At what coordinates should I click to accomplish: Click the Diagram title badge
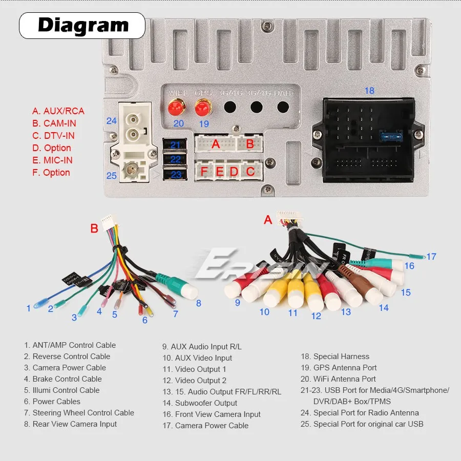[x=82, y=25]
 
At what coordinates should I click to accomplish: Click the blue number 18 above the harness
[x=369, y=91]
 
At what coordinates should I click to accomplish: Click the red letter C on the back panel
[x=250, y=172]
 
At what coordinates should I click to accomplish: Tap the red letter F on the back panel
[x=204, y=172]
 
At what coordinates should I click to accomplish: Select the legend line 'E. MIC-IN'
[x=52, y=160]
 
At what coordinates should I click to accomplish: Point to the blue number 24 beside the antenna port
[x=112, y=121]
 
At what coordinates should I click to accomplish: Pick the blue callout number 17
[x=431, y=256]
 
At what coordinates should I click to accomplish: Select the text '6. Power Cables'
[x=52, y=402]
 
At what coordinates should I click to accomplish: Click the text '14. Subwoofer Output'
[x=200, y=403]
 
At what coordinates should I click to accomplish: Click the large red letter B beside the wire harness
[x=94, y=228]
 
